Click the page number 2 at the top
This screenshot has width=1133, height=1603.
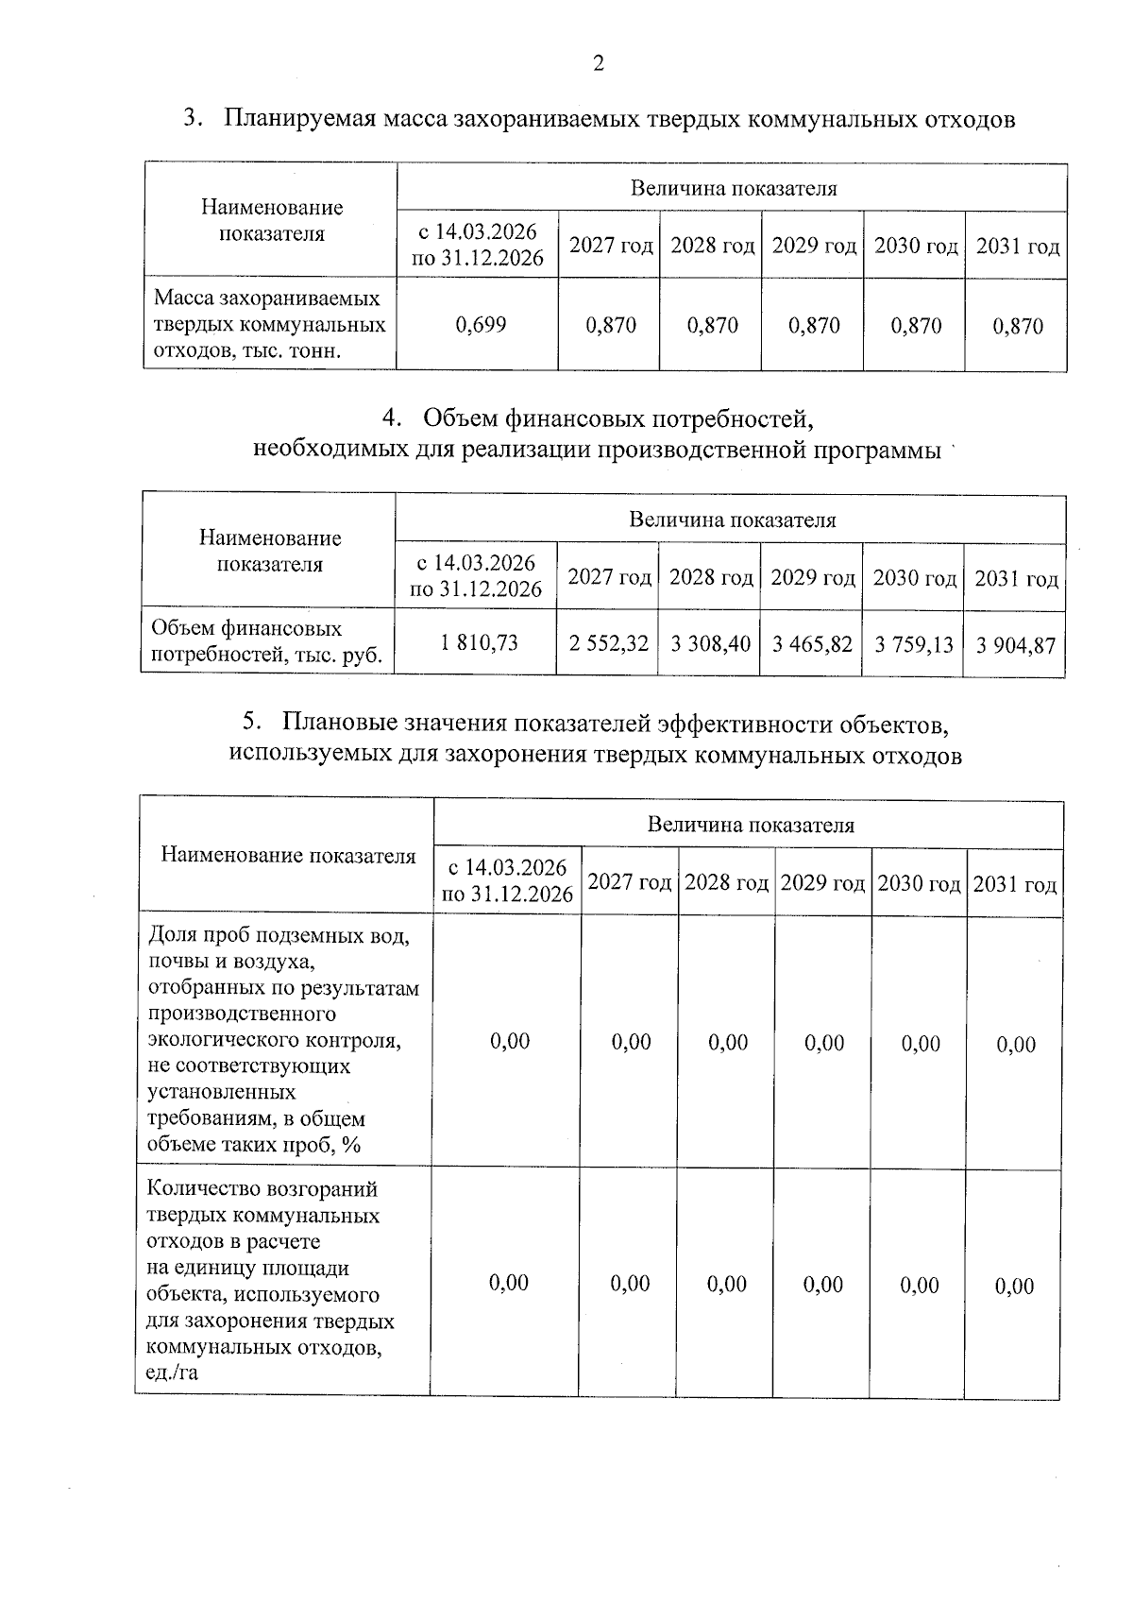tap(597, 64)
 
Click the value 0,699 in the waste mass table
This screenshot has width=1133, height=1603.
tap(481, 325)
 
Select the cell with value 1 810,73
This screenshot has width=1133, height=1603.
tap(479, 643)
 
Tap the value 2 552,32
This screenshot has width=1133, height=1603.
tap(608, 644)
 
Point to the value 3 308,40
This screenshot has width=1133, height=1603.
tap(710, 644)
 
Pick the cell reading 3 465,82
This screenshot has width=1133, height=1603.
tap(812, 644)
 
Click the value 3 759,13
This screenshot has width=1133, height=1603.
tap(913, 645)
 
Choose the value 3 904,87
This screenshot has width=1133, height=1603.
tap(1015, 646)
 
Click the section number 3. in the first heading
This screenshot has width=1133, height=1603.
tap(194, 119)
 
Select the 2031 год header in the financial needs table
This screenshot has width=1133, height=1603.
tap(1016, 579)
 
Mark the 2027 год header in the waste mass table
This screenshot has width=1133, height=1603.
tap(611, 247)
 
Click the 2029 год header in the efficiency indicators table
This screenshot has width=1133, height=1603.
tap(823, 883)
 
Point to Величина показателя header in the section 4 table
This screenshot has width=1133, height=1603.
tap(732, 520)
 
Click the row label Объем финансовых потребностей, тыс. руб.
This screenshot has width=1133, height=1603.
tap(266, 642)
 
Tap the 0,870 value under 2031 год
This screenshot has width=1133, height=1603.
tap(1017, 327)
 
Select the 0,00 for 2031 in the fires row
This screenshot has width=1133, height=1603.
tap(1014, 1286)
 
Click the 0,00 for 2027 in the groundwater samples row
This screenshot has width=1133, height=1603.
tap(631, 1042)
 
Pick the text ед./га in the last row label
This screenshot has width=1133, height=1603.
tap(172, 1373)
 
